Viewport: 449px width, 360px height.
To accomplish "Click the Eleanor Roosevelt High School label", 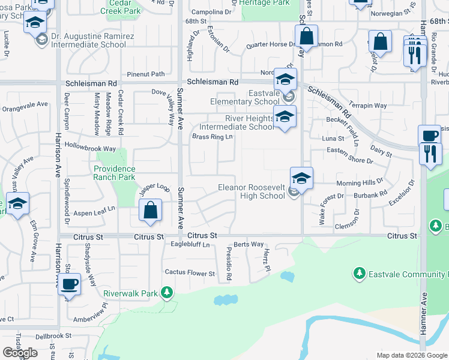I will click(251, 192).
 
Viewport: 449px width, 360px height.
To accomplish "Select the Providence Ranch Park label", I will click(114, 173).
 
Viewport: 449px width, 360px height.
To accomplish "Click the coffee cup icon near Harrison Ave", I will click(70, 284).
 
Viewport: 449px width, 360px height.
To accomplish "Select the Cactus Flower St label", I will click(190, 274).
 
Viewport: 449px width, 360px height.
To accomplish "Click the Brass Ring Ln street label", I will click(212, 137).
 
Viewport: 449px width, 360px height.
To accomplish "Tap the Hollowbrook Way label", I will click(90, 147).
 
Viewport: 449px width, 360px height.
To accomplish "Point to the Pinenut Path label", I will click(146, 74).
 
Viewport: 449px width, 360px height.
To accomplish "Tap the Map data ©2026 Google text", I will click(411, 355).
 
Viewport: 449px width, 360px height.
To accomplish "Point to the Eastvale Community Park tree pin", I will click(360, 274).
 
